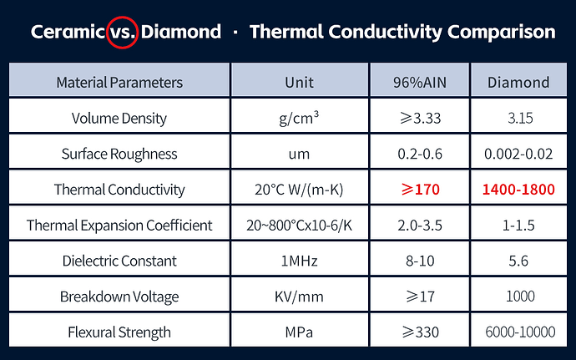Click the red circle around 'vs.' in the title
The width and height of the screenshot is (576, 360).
[x=123, y=17]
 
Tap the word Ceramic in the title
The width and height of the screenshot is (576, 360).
[x=68, y=32]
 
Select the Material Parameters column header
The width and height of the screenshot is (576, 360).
[x=119, y=83]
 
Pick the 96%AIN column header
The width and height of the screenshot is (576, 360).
[x=420, y=83]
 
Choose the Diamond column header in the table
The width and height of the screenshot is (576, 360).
[x=518, y=83]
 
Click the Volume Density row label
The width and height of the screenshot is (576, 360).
[x=119, y=119]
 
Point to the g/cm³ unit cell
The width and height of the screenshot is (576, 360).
[x=299, y=118]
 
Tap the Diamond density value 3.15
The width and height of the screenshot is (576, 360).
[x=520, y=118]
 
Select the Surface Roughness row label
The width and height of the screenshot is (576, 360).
[x=119, y=154]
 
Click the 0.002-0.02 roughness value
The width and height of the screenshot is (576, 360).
[x=518, y=154]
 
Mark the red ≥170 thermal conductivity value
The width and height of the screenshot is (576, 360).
[x=420, y=190]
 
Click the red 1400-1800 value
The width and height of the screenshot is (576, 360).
[x=518, y=190]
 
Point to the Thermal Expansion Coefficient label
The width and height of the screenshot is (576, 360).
[x=119, y=225]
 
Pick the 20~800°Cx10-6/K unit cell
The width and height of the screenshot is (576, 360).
[x=299, y=226]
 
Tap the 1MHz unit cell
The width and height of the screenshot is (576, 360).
[x=299, y=261]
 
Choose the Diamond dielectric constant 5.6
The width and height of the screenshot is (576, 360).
[x=518, y=261]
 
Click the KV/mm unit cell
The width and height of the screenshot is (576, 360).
[x=299, y=297]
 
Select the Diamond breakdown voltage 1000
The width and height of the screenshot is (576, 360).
[x=520, y=297]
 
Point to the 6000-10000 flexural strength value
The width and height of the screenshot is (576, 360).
[x=520, y=332]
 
